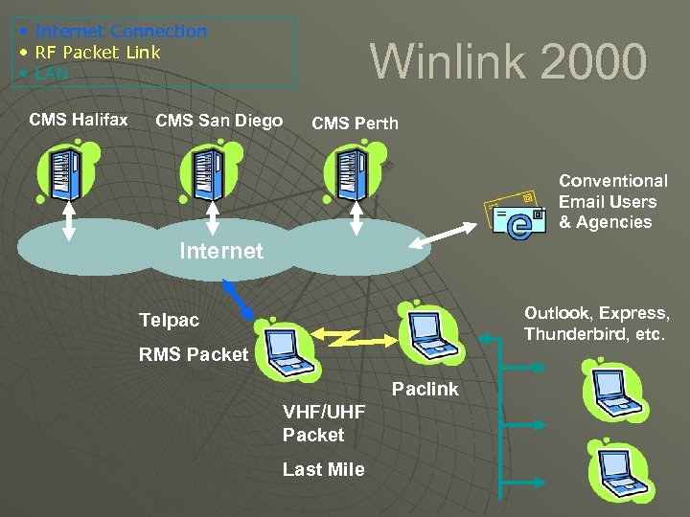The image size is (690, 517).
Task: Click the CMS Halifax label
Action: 79,120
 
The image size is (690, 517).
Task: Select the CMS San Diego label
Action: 218,121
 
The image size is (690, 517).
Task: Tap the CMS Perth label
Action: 355,124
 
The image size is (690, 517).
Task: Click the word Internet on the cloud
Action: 220,252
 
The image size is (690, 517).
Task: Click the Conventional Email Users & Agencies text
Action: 612,202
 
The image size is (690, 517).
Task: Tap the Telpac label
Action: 169,320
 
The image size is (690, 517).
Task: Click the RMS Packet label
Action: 194,354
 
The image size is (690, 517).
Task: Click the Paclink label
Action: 425,390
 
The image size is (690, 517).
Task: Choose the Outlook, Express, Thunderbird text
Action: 596,324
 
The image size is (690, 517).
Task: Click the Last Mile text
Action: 323,469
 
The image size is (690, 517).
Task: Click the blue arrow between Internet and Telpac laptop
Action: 240,300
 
